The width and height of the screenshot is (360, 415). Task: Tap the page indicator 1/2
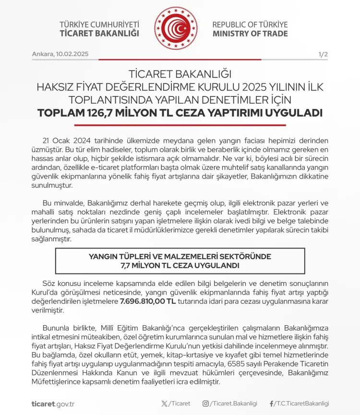pyautogui.click(x=323, y=54)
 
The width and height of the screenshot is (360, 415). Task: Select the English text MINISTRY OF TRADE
pyautogui.click(x=250, y=34)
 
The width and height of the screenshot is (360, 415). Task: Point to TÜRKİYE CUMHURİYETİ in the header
pyautogui.click(x=99, y=24)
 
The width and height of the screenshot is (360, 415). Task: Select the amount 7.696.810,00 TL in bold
pyautogui.click(x=147, y=301)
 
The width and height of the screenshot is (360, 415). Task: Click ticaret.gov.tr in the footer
pyautogui.click(x=53, y=403)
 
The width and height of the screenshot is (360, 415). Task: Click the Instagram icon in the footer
pyautogui.click(x=205, y=403)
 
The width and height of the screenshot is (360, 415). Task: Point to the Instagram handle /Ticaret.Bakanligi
pyautogui.click(x=234, y=403)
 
